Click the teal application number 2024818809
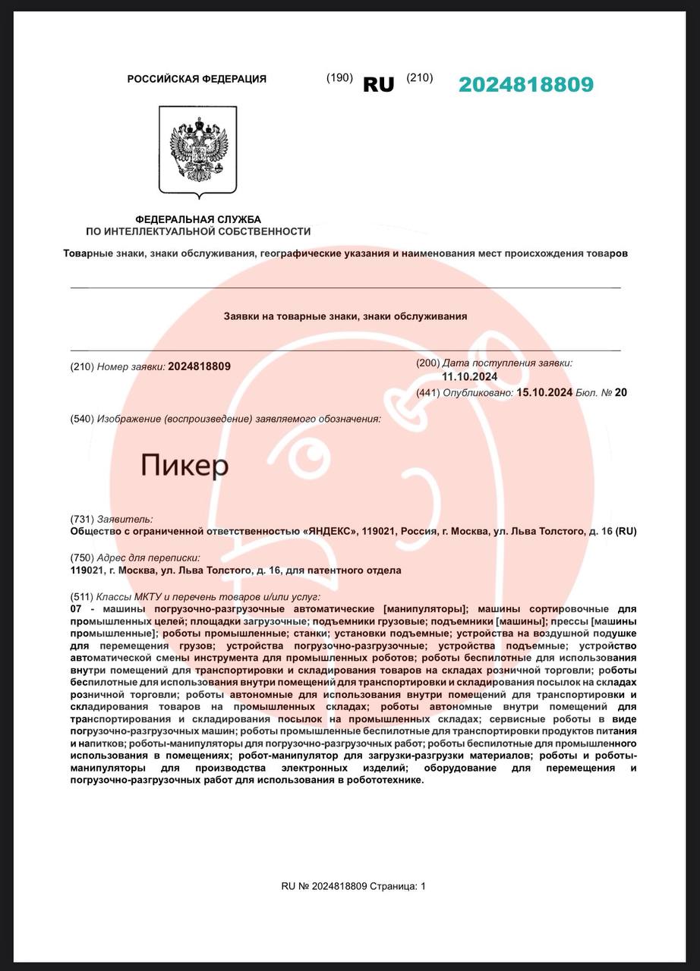tap(525, 84)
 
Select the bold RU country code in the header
tap(379, 84)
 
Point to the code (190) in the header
tap(339, 77)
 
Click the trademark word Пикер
tap(184, 465)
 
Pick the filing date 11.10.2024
tap(470, 377)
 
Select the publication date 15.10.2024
tap(544, 392)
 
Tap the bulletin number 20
tap(621, 392)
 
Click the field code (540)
tap(81, 419)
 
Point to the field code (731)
tap(81, 519)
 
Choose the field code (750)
tap(81, 558)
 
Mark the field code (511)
tap(81, 597)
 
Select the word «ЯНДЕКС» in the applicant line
tap(330, 531)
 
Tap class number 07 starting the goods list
tap(76, 609)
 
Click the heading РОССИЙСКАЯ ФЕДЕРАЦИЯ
tap(197, 79)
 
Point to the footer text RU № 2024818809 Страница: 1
tap(354, 885)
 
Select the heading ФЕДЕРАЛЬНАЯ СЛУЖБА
tap(198, 219)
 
